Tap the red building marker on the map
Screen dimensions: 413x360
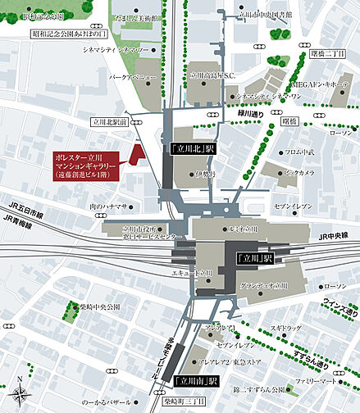pos(137,151)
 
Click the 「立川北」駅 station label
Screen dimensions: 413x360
pos(193,149)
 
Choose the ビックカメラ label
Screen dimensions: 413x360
pos(298,173)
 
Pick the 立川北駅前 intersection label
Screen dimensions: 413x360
pos(108,120)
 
